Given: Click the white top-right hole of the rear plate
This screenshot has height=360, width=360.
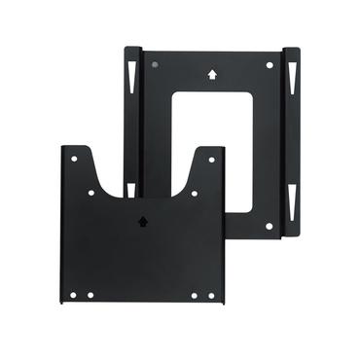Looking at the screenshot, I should click(270, 64).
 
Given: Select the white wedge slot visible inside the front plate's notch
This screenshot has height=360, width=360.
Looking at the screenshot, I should click(130, 188).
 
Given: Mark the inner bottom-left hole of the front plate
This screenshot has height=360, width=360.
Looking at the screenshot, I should click(90, 295).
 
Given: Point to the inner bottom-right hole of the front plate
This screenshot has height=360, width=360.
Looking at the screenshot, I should click(195, 295).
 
